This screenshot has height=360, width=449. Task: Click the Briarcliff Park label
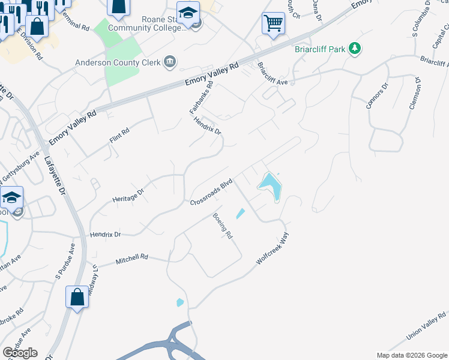(320, 49)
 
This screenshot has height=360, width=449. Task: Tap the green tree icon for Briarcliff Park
(355, 49)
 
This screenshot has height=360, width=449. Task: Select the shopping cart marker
(273, 24)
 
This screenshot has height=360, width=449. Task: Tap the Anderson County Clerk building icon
(170, 61)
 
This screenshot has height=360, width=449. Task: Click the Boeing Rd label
(223, 226)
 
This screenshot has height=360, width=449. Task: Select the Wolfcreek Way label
(273, 248)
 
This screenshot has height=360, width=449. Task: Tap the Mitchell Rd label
(131, 259)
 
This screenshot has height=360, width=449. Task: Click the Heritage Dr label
(128, 196)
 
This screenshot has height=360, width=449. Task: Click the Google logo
(20, 353)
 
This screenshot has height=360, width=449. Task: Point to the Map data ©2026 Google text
(411, 355)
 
